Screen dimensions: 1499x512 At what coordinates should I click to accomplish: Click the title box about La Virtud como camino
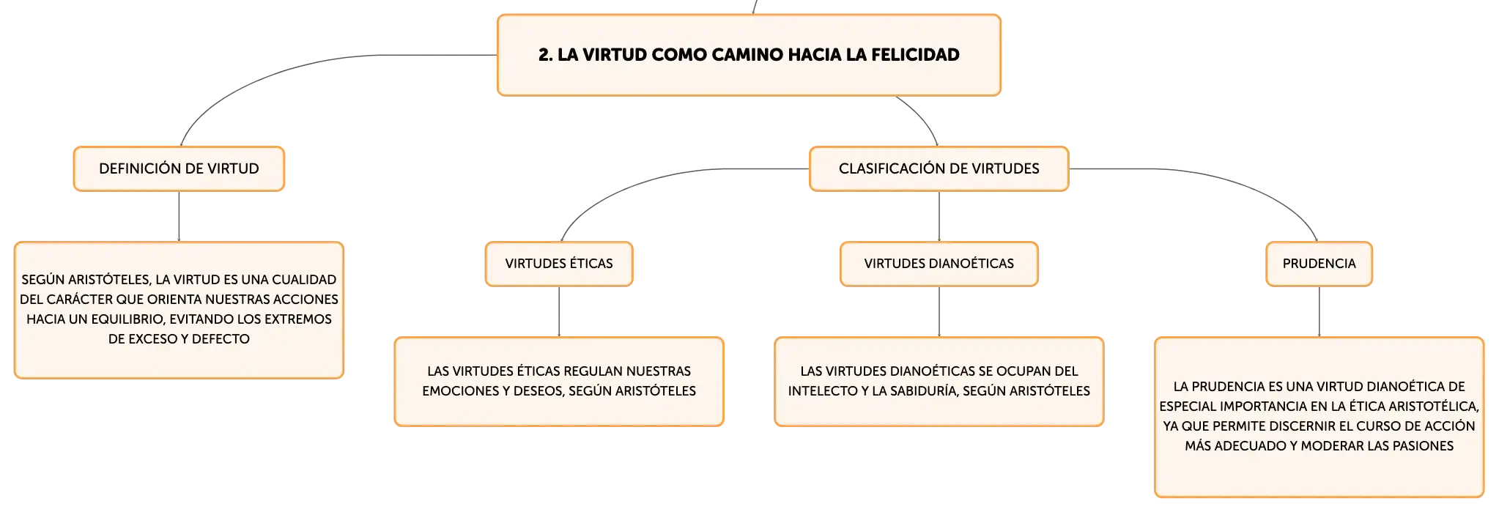tap(749, 55)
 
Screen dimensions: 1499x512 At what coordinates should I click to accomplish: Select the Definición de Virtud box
tap(179, 168)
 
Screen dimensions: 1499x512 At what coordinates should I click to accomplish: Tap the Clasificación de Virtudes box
tap(939, 168)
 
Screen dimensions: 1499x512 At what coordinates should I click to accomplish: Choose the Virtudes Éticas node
tap(559, 264)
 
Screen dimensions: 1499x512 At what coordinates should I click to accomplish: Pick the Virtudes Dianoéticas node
tap(939, 264)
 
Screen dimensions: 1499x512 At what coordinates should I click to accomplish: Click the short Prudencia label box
tap(1320, 264)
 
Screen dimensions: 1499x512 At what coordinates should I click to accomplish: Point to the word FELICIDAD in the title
tap(915, 55)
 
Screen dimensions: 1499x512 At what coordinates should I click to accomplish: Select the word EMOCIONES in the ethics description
tap(456, 391)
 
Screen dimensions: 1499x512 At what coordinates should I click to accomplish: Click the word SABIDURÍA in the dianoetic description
tap(920, 391)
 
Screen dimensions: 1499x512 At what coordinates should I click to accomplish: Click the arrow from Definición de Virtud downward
tap(179, 217)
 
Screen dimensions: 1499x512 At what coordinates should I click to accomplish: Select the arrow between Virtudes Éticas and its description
tap(559, 312)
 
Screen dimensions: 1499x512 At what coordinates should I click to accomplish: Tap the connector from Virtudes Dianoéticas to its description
tap(939, 312)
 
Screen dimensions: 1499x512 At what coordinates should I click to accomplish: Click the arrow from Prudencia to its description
tap(1320, 312)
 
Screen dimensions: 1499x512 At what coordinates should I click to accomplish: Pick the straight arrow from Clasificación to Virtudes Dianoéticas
tap(939, 217)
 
